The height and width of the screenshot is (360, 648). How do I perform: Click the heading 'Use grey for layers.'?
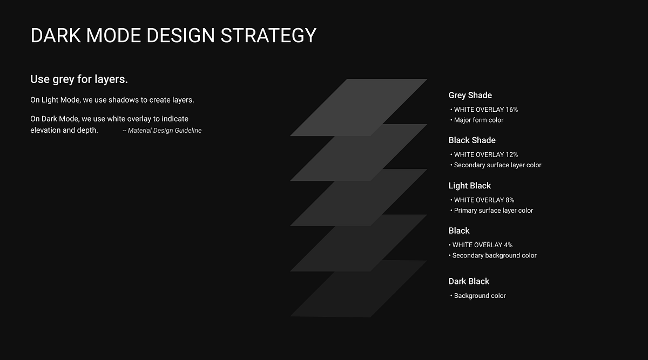pos(79,79)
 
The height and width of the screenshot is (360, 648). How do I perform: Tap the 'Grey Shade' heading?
pos(470,96)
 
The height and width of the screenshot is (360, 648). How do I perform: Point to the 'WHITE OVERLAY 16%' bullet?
pos(485,110)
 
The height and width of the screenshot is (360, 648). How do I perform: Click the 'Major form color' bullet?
pos(478,120)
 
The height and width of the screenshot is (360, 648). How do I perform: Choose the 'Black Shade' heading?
pos(471,140)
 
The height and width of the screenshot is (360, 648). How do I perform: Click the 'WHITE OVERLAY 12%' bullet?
pos(485,155)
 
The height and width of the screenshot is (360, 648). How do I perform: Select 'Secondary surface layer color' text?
pos(497,165)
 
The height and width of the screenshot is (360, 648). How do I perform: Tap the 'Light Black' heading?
pos(469,186)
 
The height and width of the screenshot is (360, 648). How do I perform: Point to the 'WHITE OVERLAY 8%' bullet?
pos(484,200)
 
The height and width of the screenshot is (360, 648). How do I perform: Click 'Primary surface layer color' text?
pos(493,210)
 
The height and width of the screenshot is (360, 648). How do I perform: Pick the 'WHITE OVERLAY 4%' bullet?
pos(482,245)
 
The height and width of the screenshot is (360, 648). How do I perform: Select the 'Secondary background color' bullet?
pos(494,256)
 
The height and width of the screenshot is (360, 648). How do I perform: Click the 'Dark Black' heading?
pos(469,281)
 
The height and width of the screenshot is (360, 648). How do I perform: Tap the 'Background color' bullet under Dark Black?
pos(480,296)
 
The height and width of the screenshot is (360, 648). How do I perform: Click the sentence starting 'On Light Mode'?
pos(112,100)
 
